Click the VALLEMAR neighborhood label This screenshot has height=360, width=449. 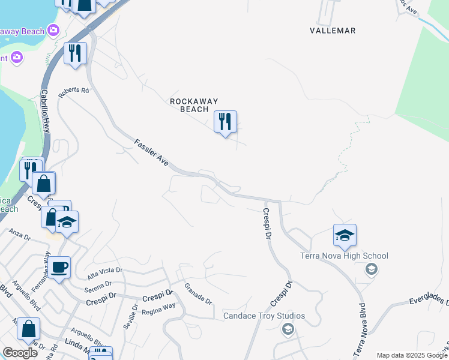333,31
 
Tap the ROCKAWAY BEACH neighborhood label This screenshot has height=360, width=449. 194,106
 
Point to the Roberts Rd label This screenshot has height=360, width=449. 73,93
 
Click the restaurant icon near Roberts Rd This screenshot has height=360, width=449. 75,53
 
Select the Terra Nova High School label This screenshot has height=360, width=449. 344,256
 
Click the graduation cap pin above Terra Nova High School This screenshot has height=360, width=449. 345,235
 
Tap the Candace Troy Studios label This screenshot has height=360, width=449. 264,316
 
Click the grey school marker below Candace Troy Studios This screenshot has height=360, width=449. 288,328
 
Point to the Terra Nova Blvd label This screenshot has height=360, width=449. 360,331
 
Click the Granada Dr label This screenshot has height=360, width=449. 198,293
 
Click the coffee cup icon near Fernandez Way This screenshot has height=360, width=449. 59,267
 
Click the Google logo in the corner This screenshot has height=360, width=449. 20,353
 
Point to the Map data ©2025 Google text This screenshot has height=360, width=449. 411,355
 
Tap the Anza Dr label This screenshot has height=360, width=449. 19,234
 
